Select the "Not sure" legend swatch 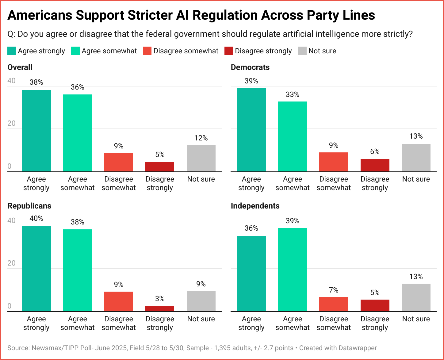pyautogui.click(x=302, y=51)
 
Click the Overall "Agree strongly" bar pyautogui.click(x=36, y=131)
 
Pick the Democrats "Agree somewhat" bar pyautogui.click(x=293, y=136)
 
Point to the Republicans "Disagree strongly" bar pyautogui.click(x=160, y=308)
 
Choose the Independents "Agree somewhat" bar pyautogui.click(x=293, y=270)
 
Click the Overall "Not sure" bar pyautogui.click(x=201, y=158)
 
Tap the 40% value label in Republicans pyautogui.click(x=36, y=218)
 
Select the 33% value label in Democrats pyautogui.click(x=293, y=94)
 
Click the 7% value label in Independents pyautogui.click(x=334, y=290)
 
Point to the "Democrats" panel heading pyautogui.click(x=250, y=67)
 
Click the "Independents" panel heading pyautogui.click(x=255, y=206)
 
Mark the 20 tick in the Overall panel pyautogui.click(x=12, y=123)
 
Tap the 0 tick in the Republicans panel pyautogui.click(x=10, y=306)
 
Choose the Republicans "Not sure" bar pyautogui.click(x=201, y=301)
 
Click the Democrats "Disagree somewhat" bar pyautogui.click(x=334, y=162)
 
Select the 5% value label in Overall pyautogui.click(x=160, y=155)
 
